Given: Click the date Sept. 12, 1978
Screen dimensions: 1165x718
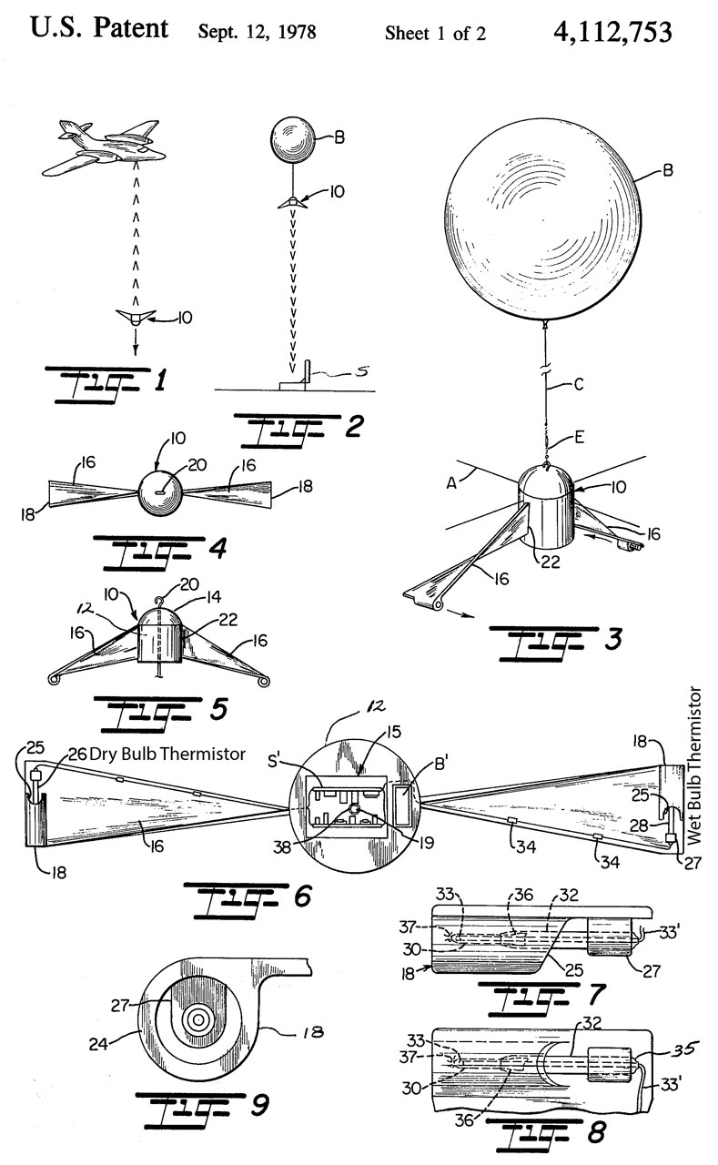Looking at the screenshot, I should pos(257,34).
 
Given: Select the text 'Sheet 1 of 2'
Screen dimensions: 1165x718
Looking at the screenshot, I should pos(435,34).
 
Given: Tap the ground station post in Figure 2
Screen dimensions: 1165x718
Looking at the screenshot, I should pos(308,372).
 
